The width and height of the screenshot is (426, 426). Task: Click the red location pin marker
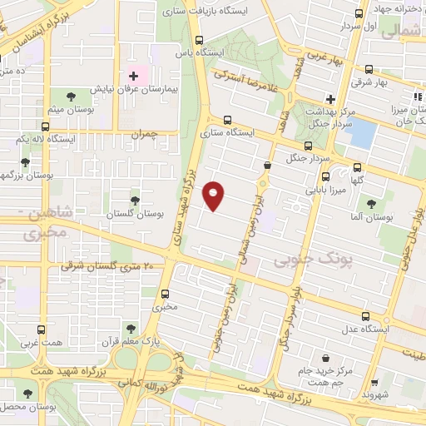[214, 196]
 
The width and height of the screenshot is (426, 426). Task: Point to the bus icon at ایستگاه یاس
[199, 39]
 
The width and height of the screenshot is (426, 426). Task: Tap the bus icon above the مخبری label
[166, 294]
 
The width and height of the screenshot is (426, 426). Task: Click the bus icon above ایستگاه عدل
[365, 315]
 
